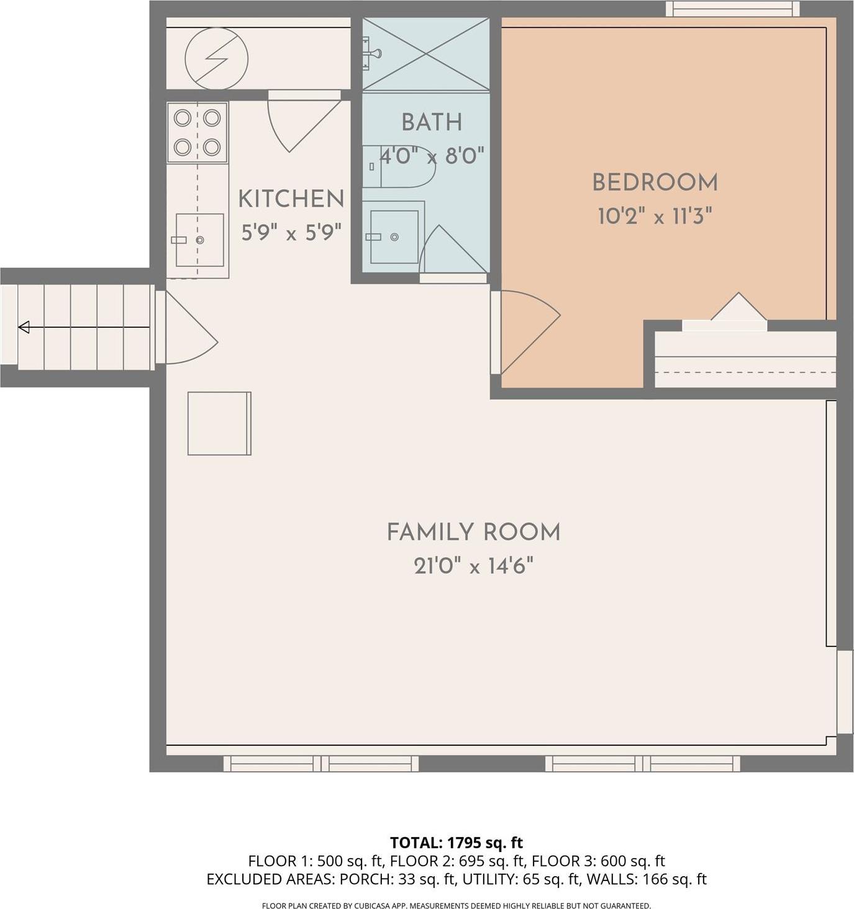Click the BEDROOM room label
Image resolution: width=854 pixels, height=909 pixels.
coord(655,183)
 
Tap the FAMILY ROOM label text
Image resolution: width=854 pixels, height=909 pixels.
coord(473,532)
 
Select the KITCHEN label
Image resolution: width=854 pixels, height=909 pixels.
coord(291,199)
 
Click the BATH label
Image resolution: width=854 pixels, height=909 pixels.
coord(432,122)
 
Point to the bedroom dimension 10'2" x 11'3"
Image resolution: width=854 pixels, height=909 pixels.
coord(655,217)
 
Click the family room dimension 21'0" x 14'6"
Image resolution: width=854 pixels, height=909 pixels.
coord(473,566)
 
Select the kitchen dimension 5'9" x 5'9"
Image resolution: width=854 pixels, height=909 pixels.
coord(291,233)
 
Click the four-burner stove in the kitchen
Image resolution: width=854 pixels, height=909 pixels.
coord(197,132)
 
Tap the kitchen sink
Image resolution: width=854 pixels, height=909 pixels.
coord(199,240)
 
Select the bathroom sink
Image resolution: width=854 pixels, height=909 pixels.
coord(394,237)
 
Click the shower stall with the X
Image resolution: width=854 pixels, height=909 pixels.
coord(426,54)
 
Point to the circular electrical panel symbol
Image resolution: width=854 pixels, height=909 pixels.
coord(216,59)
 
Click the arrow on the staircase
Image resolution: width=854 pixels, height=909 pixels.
coord(25,327)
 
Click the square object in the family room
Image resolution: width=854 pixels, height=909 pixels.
coord(219,423)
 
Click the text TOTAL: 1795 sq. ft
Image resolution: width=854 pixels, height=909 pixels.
coord(456,843)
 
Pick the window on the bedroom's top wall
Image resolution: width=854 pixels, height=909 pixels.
coord(732,9)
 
